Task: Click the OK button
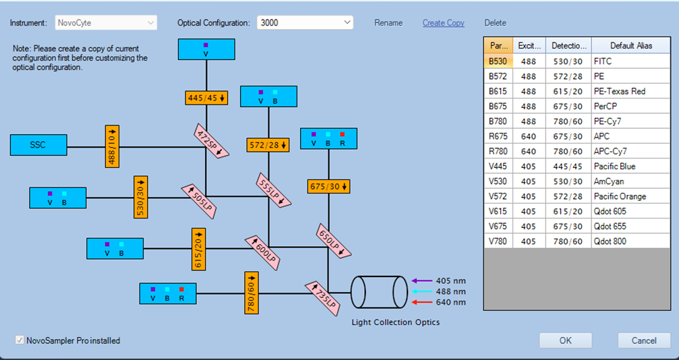click(x=565, y=340)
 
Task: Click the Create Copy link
click(x=444, y=23)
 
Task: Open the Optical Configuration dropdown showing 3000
click(x=305, y=22)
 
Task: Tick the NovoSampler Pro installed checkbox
click(x=19, y=340)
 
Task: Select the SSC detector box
click(x=38, y=145)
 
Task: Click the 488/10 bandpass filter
click(x=112, y=146)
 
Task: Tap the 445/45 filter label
click(x=206, y=98)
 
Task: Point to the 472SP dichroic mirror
click(x=211, y=140)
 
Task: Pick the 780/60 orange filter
click(x=251, y=293)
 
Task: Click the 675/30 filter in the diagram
click(x=328, y=186)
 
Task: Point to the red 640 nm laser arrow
click(x=422, y=302)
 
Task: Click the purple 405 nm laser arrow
click(x=422, y=280)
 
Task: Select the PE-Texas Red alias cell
click(x=630, y=92)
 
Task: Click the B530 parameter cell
click(x=498, y=61)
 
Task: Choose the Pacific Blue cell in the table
click(x=630, y=167)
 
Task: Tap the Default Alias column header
click(x=631, y=45)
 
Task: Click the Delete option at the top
click(x=496, y=23)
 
